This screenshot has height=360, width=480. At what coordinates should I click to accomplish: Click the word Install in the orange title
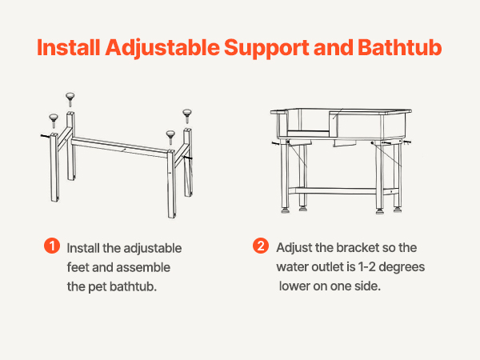(69, 47)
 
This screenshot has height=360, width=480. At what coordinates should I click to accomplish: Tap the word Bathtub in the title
(400, 47)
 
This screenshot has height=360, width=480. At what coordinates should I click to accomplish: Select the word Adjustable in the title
(162, 49)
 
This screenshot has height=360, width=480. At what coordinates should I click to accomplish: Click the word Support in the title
(266, 49)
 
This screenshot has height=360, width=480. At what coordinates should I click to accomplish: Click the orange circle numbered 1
(52, 246)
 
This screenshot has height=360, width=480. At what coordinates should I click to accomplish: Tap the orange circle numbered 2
(261, 246)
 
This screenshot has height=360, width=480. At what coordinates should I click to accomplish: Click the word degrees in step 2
(402, 267)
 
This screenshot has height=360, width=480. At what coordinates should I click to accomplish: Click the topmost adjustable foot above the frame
(70, 99)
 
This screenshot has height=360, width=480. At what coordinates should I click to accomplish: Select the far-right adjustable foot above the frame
(187, 116)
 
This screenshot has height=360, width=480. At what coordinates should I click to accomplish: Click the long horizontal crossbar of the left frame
(119, 147)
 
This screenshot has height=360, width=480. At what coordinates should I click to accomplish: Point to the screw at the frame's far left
(45, 136)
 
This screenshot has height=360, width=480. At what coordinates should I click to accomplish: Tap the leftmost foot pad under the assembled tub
(286, 210)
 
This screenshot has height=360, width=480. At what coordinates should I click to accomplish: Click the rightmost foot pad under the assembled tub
(398, 210)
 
